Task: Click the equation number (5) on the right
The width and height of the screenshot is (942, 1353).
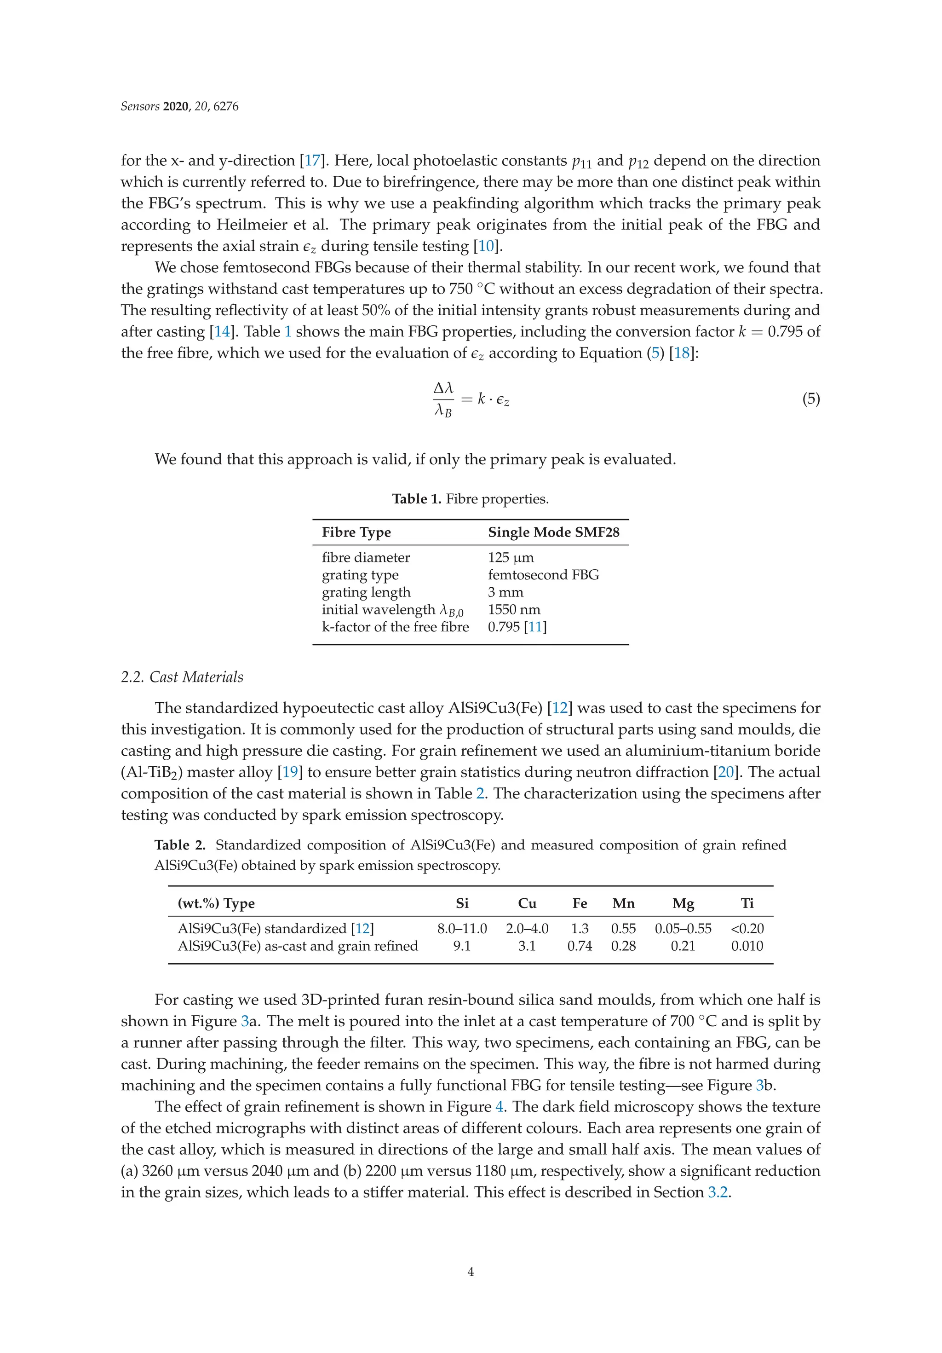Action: coord(810,399)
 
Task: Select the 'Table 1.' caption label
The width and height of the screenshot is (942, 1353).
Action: coord(417,499)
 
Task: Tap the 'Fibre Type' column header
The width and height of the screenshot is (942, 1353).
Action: coord(356,532)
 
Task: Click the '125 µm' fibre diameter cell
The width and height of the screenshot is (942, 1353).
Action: coord(510,557)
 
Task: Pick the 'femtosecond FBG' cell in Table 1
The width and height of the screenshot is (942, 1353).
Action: coord(543,574)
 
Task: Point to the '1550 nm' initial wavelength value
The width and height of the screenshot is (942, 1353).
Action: coord(514,609)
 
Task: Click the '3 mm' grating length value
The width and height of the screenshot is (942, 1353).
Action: coord(505,592)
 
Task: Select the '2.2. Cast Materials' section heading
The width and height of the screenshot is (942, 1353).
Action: coord(182,677)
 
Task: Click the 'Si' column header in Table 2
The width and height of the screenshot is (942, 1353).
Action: coord(462,903)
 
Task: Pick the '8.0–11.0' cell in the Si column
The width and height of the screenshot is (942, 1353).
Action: coord(462,929)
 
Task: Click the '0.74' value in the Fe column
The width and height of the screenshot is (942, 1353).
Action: coord(580,946)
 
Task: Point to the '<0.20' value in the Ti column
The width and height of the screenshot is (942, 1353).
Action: coord(747,929)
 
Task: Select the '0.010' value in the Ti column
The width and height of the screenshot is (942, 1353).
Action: coord(747,946)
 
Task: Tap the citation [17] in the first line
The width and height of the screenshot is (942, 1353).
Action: coord(312,161)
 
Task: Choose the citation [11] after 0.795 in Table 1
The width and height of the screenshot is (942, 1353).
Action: coord(535,627)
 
